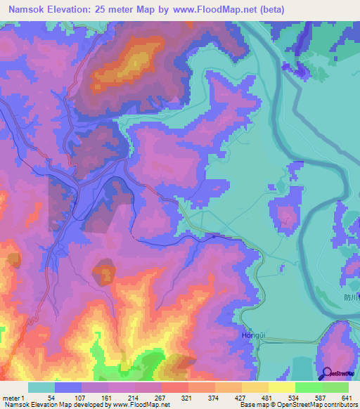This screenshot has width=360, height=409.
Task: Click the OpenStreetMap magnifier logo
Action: [326, 374]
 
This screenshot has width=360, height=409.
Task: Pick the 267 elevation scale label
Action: [161, 397]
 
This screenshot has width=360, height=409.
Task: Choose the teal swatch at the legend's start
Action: [41, 387]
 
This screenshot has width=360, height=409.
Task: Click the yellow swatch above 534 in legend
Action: [282, 387]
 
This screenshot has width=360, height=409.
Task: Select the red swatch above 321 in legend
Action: [175, 387]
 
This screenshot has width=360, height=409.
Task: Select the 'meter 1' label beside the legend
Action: [15, 397]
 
